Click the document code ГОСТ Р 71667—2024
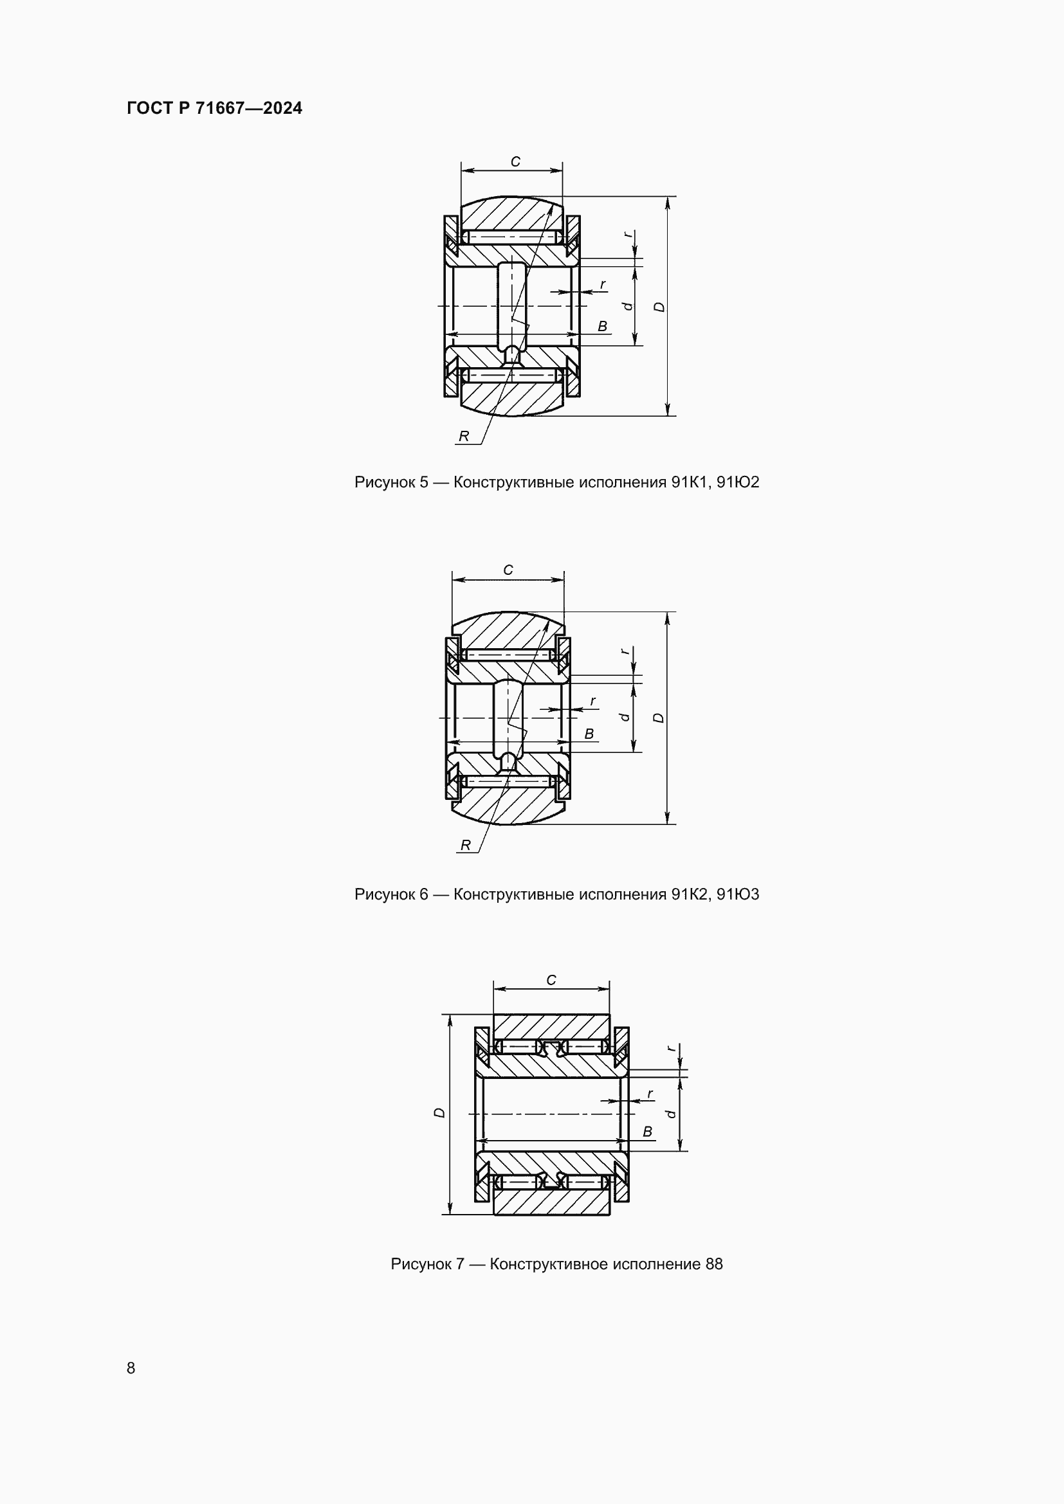[x=214, y=108]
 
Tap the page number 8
[x=131, y=1368]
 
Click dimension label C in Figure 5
[x=515, y=162]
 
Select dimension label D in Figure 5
[x=660, y=307]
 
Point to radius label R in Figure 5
[x=464, y=436]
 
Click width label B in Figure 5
[x=602, y=326]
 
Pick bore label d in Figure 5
[x=628, y=306]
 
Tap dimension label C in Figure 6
[x=508, y=570]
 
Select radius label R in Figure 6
[x=465, y=845]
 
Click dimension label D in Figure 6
[x=659, y=718]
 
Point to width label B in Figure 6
[x=589, y=734]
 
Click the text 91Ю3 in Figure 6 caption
[x=738, y=894]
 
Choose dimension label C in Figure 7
[x=551, y=980]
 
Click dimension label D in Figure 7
[x=439, y=1113]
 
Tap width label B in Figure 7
[x=647, y=1131]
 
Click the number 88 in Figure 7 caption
[x=713, y=1264]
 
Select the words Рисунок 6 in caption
[x=391, y=894]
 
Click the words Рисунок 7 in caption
[x=427, y=1264]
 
